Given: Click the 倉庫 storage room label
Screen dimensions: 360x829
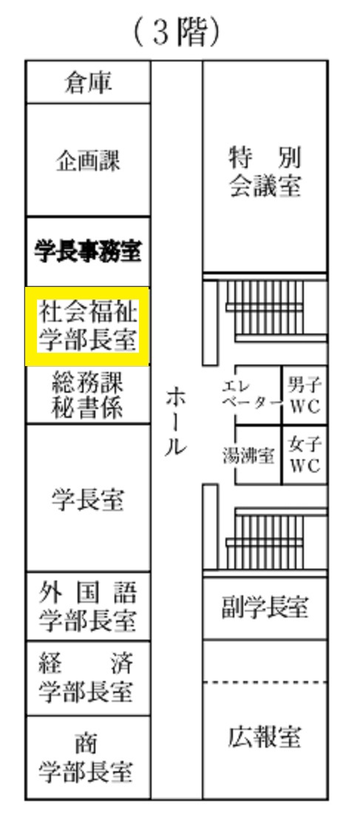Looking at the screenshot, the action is pos(88,83).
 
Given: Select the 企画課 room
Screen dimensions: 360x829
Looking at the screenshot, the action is pos(88,160).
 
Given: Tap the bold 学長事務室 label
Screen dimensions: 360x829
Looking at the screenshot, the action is pos(88,251).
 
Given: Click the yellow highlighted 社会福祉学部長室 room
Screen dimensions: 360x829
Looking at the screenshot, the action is pos(88,326).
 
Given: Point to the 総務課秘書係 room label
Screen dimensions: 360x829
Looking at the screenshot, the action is pos(88,395).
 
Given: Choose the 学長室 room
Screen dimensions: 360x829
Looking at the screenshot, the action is pos(88,498).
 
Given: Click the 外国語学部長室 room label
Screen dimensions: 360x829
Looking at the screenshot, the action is pos(88,607).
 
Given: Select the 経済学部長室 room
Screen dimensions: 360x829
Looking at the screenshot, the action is pos(88,678).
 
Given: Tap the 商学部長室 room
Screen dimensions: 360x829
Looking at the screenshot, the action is pos(88,757).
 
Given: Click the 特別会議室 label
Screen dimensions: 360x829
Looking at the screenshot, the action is pos(265,172).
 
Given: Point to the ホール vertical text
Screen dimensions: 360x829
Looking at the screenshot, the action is pos(175,422).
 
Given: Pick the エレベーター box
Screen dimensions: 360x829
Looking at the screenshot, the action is pos(258,395).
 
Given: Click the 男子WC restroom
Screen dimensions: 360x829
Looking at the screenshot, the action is pos(305,395).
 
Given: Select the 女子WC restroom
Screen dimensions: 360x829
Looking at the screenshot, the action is pos(305,455).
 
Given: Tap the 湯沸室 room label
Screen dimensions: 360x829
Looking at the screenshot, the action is pos(248,456).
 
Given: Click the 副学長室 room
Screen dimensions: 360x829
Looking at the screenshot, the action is pos(265,609).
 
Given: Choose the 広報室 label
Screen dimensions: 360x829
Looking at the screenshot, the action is pos(265,737).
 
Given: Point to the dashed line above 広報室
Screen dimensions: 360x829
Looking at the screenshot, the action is pos(265,683).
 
